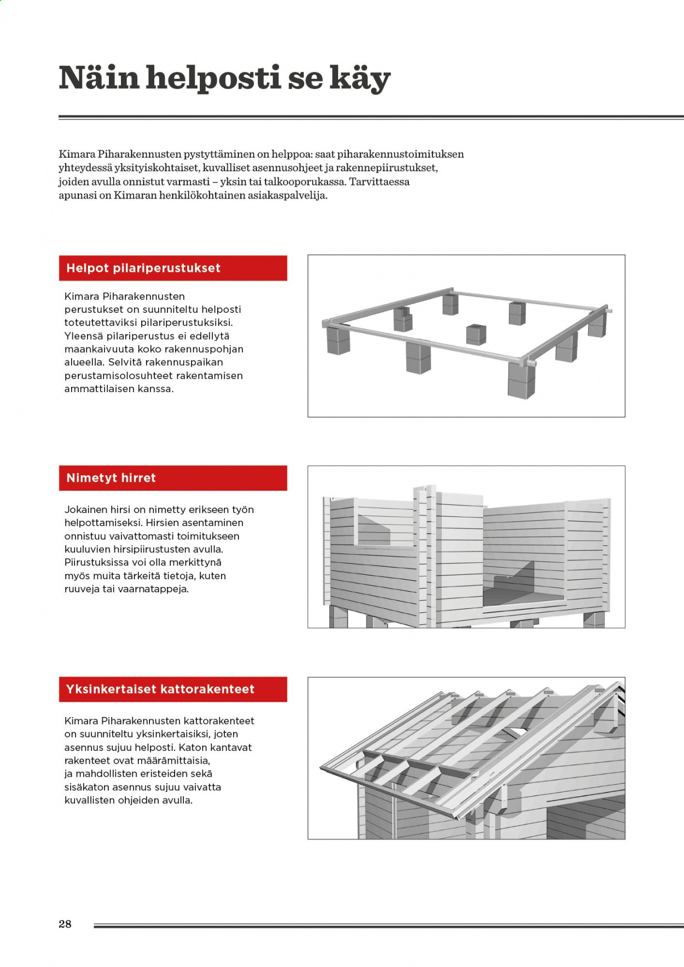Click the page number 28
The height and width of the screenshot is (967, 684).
tap(65, 924)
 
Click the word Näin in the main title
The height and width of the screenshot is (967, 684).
tap(98, 78)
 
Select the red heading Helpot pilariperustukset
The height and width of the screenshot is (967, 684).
tap(143, 268)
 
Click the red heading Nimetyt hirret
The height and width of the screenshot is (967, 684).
tap(111, 478)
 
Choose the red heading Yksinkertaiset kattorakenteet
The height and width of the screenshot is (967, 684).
tap(160, 689)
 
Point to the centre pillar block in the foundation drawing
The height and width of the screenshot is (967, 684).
tap(476, 334)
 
